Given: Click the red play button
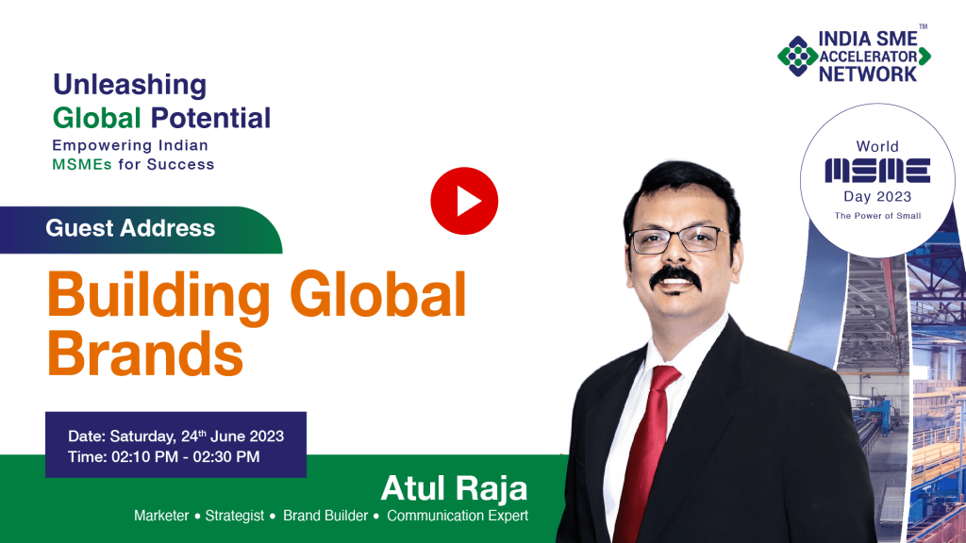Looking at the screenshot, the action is tap(464, 201).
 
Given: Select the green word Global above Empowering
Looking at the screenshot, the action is tap(97, 118).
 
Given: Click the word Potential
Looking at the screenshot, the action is tap(210, 118).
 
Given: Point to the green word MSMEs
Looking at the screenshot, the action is tap(82, 164).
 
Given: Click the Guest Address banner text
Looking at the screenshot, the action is tap(130, 228).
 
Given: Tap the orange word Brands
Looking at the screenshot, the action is tap(145, 354).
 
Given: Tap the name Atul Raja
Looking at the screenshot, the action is tap(454, 488).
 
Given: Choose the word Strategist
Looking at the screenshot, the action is tap(234, 516).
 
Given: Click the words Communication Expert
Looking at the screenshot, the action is tap(458, 516).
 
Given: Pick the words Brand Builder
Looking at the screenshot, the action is tap(325, 516).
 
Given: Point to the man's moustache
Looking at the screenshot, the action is tap(675, 277).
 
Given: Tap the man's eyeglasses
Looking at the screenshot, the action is tap(677, 239).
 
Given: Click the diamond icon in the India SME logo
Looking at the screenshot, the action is tap(798, 56).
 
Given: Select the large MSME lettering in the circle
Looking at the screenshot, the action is tap(877, 171).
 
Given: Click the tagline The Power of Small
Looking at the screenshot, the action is tap(877, 216).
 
